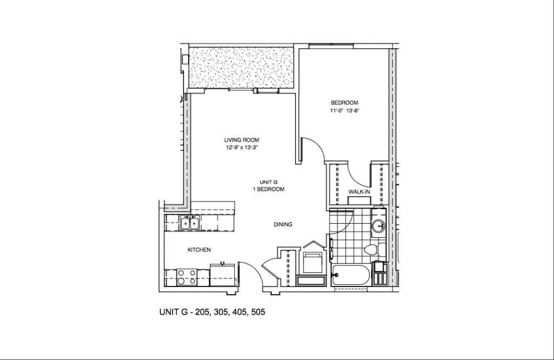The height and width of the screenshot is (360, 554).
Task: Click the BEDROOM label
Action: coord(345,103)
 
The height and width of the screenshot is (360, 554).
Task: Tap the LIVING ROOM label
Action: coord(242,140)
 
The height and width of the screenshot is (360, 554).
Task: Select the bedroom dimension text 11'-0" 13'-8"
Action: coord(345,111)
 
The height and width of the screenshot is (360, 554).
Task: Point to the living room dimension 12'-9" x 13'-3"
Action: coord(242,147)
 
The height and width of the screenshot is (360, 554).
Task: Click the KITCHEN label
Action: coord(199,250)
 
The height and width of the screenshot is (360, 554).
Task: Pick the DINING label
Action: coord(282,224)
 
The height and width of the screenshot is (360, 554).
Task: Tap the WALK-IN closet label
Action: coord(359,192)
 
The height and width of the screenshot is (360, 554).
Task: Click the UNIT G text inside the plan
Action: coord(268,182)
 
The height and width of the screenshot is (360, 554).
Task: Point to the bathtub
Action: coord(350,276)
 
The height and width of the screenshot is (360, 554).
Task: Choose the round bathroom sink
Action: coord(379,226)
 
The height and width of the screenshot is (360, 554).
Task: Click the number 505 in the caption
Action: coord(256,312)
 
